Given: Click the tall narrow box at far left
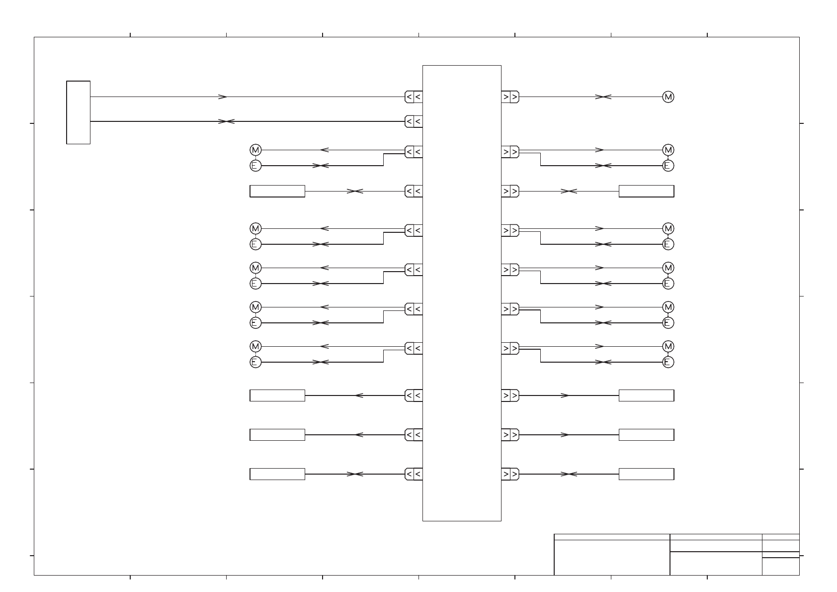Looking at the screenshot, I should (78, 112).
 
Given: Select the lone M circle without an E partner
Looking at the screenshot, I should (668, 97).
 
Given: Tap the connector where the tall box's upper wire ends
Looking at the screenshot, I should (414, 97).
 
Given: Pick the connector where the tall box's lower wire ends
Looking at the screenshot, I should (414, 121).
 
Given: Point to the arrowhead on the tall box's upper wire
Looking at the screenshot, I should (223, 97).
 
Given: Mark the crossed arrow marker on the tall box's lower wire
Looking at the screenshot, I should (226, 121).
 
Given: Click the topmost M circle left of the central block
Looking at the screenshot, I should (255, 150).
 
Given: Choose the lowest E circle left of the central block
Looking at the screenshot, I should (255, 362).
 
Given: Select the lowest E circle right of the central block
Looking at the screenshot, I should (668, 362).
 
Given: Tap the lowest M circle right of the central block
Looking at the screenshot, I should (668, 346).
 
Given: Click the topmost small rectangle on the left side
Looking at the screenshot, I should (277, 191).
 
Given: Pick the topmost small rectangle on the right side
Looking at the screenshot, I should (646, 191).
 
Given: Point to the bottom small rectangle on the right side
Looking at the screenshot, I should (646, 474).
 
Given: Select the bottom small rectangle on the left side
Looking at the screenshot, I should (277, 474).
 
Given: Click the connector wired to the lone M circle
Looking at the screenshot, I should (510, 97).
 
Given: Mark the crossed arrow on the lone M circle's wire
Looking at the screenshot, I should (603, 97).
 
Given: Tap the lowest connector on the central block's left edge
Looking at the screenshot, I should (414, 474).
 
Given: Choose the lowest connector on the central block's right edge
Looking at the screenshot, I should (510, 474).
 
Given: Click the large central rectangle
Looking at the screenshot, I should (462, 293).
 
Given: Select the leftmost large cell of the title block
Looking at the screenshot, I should (612, 557).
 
